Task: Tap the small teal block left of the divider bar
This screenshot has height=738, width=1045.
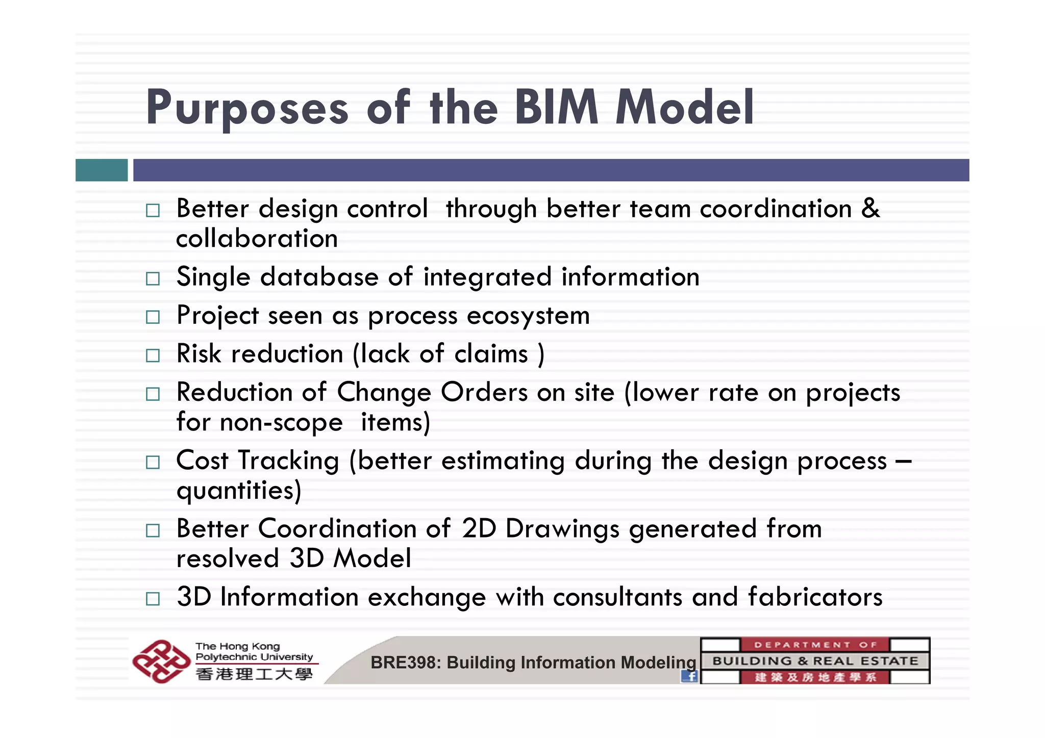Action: point(102,170)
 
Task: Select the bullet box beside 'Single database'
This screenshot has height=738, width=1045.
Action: point(153,278)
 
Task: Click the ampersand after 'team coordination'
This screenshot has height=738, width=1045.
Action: point(870,208)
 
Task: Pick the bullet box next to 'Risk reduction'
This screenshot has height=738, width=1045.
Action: point(153,355)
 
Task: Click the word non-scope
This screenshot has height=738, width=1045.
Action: point(281,422)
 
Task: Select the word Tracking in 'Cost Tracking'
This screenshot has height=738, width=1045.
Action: point(289,461)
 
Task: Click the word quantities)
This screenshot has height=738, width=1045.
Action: point(239,491)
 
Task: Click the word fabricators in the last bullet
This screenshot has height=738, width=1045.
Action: point(815,597)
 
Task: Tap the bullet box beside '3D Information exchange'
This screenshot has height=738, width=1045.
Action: point(153,598)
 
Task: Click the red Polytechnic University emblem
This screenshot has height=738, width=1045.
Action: point(161,661)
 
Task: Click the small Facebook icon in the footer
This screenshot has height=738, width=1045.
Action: point(689,676)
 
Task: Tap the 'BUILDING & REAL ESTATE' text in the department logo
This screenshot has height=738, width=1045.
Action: point(815,661)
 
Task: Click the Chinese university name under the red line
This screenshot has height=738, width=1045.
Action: point(254,674)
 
